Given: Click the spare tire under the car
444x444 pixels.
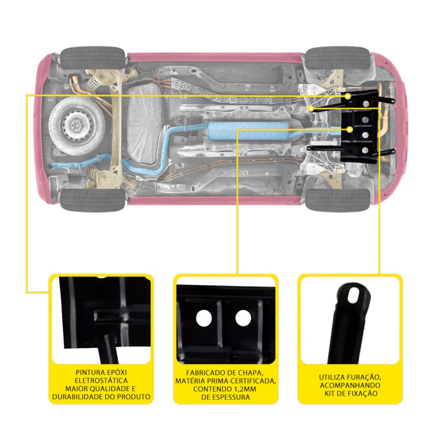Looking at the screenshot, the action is pyautogui.click(x=77, y=126).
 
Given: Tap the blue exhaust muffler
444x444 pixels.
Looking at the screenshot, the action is pyautogui.click(x=248, y=131).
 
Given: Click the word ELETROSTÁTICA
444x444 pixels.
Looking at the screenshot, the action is pyautogui.click(x=101, y=380).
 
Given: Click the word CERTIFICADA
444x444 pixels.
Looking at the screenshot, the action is pyautogui.click(x=253, y=381).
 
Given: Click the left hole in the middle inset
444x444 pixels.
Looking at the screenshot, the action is pyautogui.click(x=204, y=318).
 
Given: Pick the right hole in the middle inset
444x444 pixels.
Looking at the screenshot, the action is pyautogui.click(x=243, y=318).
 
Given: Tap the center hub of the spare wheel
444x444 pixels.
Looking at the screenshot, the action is pyautogui.click(x=76, y=125).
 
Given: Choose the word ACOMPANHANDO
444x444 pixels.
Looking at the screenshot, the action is pyautogui.click(x=350, y=385).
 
